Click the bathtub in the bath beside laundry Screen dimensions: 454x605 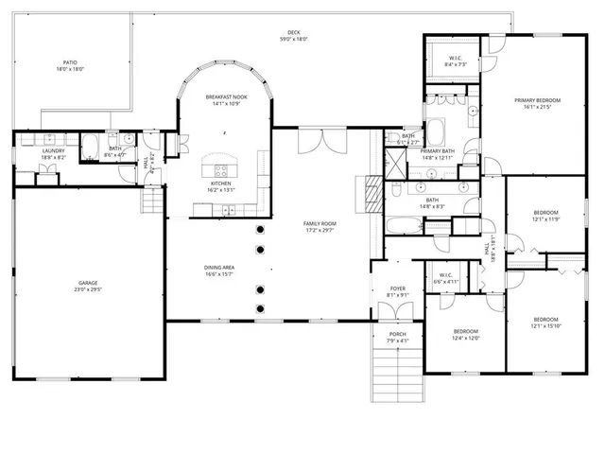pos(89,148)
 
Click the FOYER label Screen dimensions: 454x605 pos(398,291)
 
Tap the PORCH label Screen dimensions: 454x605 pos(398,337)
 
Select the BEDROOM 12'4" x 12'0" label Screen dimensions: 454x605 pos(465,334)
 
